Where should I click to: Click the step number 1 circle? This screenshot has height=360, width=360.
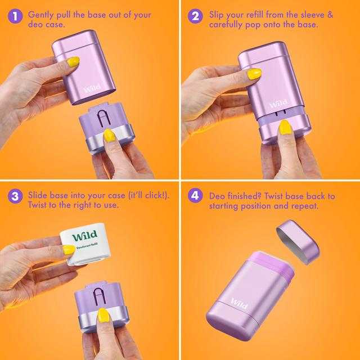pyautogui.click(x=15, y=16)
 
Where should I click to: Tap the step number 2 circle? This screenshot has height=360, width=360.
pyautogui.click(x=195, y=16)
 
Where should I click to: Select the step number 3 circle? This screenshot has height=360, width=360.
pyautogui.click(x=15, y=196)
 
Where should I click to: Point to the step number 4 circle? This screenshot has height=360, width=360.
pyautogui.click(x=195, y=196)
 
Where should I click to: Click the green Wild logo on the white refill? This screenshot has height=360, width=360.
pyautogui.click(x=85, y=235)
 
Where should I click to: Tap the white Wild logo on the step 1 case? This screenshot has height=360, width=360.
pyautogui.click(x=92, y=88)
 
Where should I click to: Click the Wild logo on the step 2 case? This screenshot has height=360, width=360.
pyautogui.click(x=278, y=103)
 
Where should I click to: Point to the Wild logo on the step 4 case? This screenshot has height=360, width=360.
pyautogui.click(x=239, y=303)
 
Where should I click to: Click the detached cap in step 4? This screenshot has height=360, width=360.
pyautogui.click(x=298, y=242)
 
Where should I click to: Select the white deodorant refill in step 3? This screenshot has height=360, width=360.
pyautogui.click(x=85, y=244)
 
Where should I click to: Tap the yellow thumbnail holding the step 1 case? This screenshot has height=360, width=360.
pyautogui.click(x=73, y=62)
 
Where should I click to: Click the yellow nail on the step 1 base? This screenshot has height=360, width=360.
pyautogui.click(x=109, y=136)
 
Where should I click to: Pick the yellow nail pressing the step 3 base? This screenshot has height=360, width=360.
pyautogui.click(x=103, y=315)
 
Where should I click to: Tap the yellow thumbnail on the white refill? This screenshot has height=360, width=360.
pyautogui.click(x=69, y=250)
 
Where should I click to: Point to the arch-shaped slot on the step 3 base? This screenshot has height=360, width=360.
pyautogui.click(x=100, y=297)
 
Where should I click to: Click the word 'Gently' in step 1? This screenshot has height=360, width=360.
pyautogui.click(x=40, y=15)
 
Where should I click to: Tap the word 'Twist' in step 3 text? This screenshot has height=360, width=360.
pyautogui.click(x=37, y=205)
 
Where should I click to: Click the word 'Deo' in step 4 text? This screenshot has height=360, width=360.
pyautogui.click(x=217, y=196)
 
